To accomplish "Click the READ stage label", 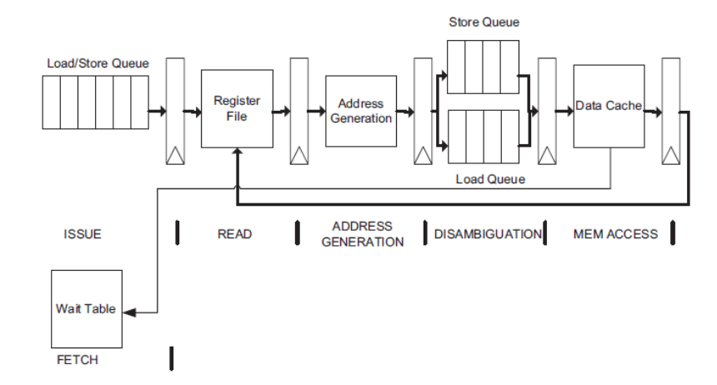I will click(234, 235).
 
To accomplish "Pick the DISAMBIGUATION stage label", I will click(487, 235).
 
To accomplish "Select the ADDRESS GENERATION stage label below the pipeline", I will click(363, 234).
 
